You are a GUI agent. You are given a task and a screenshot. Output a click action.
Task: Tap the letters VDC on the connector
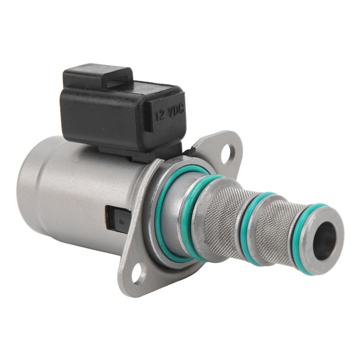(176, 111)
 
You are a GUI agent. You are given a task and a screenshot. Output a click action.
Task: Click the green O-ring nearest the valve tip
(298, 237)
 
